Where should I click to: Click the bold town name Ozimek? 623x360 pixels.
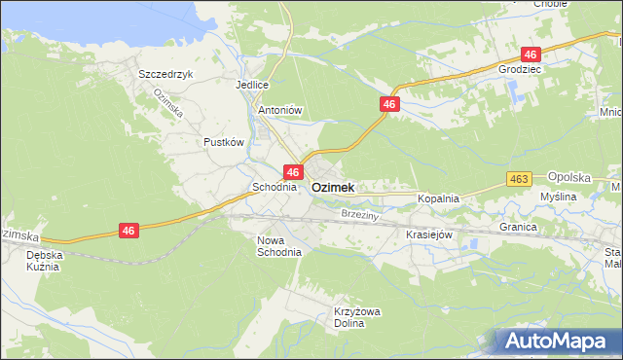coord(332,186)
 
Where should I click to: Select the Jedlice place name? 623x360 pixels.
coord(251,85)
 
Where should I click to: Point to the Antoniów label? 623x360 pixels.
coord(280,111)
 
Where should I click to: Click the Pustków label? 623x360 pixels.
coord(223,142)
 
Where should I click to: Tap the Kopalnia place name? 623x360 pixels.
coord(438,198)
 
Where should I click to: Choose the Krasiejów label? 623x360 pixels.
coord(429,234)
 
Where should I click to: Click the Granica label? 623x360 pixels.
coord(519,227)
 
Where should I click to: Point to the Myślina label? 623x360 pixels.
coord(559,197)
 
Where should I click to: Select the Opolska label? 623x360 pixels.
coord(570,177)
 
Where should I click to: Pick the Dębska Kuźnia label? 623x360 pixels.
coord(43,260)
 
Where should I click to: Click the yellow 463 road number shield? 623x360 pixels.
coord(519,179)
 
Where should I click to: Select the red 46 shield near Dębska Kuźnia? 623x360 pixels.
coord(128,231)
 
